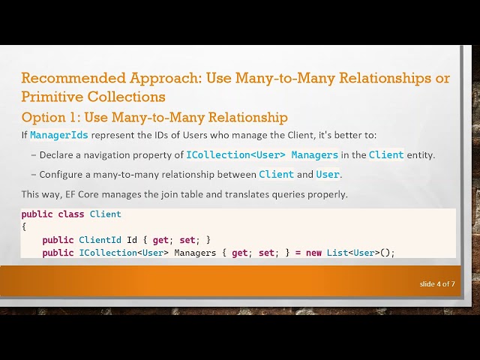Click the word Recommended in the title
pyautogui.click(x=73, y=78)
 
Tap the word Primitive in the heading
pyautogui.click(x=52, y=97)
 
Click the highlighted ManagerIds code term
pyautogui.click(x=59, y=135)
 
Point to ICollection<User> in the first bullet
pyautogui.click(x=235, y=155)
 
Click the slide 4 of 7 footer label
pyautogui.click(x=437, y=284)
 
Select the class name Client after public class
pyautogui.click(x=106, y=214)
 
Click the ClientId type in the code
pyautogui.click(x=100, y=240)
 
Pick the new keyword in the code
pyautogui.click(x=313, y=253)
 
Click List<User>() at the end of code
pyautogui.click(x=360, y=253)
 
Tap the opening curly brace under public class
pyautogui.click(x=24, y=226)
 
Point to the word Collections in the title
pyautogui.click(x=127, y=97)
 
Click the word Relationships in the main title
pyautogui.click(x=385, y=78)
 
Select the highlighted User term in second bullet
pyautogui.click(x=328, y=175)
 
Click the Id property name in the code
pyautogui.click(x=132, y=240)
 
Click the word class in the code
pyautogui.click(x=71, y=214)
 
